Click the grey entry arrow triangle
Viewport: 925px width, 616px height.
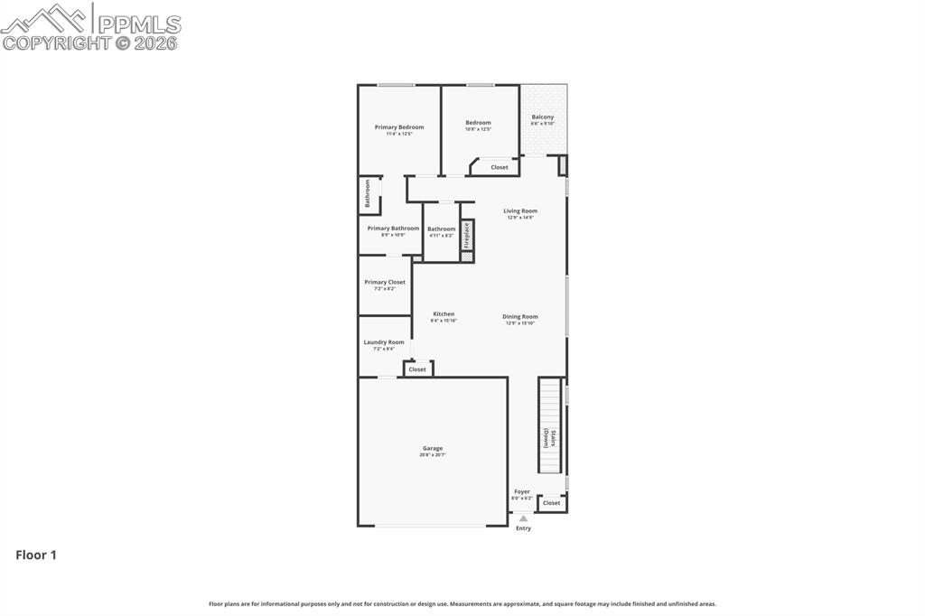pyautogui.click(x=523, y=518)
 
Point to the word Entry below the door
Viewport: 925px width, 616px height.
pyautogui.click(x=523, y=528)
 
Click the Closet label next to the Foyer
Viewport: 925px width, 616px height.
pyautogui.click(x=551, y=503)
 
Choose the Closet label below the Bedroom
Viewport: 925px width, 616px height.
pyautogui.click(x=500, y=167)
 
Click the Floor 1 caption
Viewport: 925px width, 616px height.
pyautogui.click(x=36, y=555)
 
